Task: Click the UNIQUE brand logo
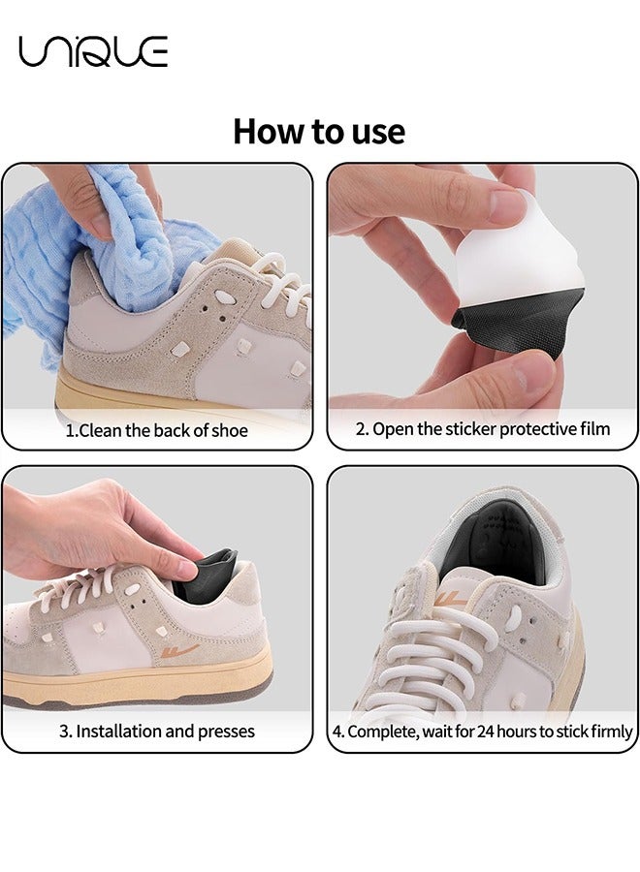[93, 51]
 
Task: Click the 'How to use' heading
[319, 131]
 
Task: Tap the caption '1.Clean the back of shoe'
[157, 429]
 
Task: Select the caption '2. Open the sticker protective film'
[482, 428]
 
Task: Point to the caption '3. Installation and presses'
[157, 731]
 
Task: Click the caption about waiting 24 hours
[482, 732]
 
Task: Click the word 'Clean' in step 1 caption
[102, 429]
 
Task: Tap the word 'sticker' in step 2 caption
[468, 428]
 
